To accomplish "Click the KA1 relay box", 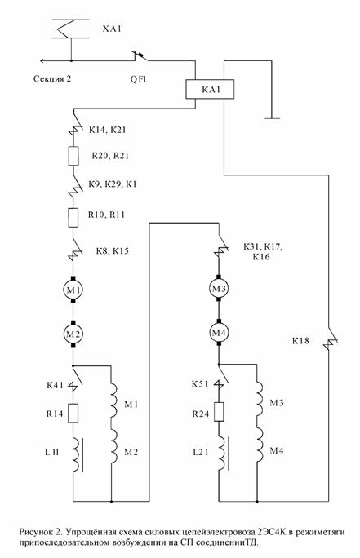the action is pos(210,89).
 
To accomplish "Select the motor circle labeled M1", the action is pos(73,290).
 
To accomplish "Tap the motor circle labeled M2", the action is pos(73,334).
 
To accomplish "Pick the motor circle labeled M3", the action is pos(219,289).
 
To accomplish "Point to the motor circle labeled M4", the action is pos(219,333).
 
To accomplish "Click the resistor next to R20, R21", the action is pos(73,156).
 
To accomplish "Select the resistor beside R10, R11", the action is pos(73,218).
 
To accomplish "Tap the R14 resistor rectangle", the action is pos(73,413).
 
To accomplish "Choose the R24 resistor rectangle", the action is pos(219,412).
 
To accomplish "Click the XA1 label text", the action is pos(112,29).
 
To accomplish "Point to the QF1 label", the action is pos(138,79).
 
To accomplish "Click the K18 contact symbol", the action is pos(330,340).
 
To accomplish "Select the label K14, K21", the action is pos(108,130).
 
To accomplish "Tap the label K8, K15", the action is pos(112,251).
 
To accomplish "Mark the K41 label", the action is pos(55,385).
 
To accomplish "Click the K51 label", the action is pos(200,384).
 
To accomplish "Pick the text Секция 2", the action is pos(52,78).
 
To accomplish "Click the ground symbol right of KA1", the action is pos(272,118).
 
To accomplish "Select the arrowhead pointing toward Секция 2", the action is pos(42,61).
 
